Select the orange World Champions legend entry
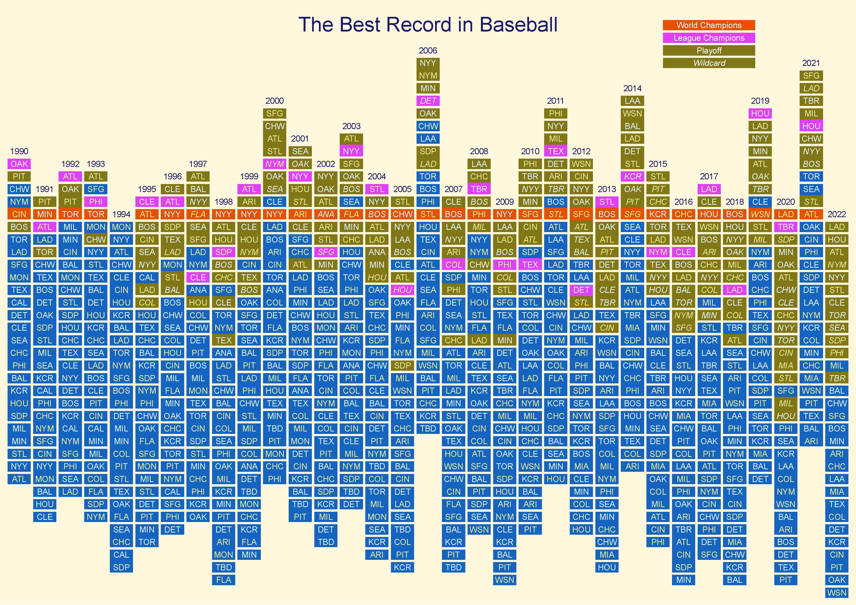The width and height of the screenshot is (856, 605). [x=709, y=25]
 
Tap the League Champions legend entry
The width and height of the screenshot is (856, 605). [x=709, y=38]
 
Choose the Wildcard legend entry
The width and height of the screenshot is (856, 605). [x=709, y=63]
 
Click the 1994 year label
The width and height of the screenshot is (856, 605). [x=121, y=214]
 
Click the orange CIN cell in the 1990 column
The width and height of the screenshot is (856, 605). [x=19, y=214]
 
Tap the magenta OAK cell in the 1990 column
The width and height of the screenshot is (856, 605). [x=19, y=164]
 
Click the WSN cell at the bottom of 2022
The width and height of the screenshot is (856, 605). [x=837, y=593]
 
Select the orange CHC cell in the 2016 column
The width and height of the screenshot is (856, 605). [x=683, y=214]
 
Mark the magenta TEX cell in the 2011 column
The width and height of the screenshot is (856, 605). [x=556, y=151]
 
